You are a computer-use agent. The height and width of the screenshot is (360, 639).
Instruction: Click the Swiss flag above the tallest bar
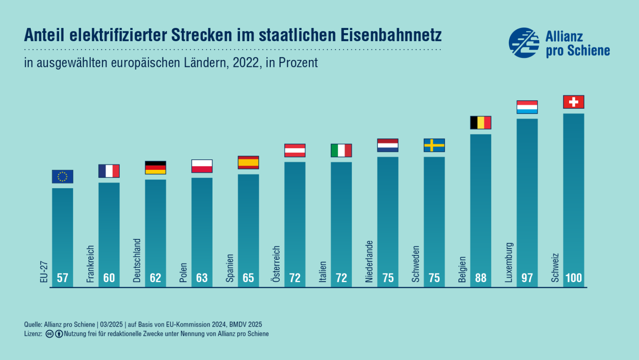[573, 102]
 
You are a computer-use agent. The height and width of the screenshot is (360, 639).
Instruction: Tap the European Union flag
[62, 176]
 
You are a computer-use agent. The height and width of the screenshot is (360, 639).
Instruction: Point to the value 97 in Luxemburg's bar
[527, 278]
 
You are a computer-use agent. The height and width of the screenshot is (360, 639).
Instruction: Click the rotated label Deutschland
[137, 261]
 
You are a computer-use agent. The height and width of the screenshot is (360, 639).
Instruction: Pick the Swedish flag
[434, 145]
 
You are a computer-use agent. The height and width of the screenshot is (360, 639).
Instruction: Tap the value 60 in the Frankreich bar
[109, 278]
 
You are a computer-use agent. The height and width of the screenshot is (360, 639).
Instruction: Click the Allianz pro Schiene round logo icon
[524, 43]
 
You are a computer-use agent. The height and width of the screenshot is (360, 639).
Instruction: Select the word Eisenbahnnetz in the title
[391, 35]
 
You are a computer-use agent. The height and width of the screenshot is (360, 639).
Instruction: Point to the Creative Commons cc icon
[50, 334]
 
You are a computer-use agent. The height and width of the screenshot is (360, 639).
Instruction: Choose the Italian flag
[341, 150]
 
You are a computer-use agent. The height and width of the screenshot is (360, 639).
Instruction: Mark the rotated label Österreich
[276, 264]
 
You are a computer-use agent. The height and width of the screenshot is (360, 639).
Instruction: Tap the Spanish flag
[248, 162]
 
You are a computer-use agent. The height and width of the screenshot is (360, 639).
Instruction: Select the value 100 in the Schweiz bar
[573, 278]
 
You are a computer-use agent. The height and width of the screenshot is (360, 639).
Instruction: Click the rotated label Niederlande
[369, 261]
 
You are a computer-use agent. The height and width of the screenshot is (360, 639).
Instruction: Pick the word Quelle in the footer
[33, 325]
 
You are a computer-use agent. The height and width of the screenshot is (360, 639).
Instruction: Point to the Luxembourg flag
[527, 107]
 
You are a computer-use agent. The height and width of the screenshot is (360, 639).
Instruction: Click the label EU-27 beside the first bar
[44, 272]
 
